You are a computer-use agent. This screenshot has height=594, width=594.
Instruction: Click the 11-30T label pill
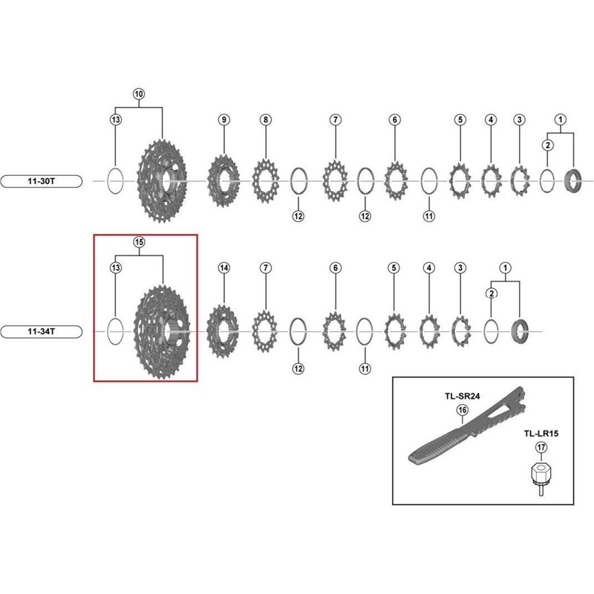(x=42, y=181)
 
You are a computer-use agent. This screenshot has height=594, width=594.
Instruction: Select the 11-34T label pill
(x=42, y=331)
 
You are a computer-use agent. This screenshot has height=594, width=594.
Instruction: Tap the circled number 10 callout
(x=139, y=94)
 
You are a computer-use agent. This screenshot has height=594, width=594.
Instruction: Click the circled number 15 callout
(x=139, y=242)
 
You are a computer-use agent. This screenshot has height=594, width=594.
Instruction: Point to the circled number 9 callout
(x=224, y=120)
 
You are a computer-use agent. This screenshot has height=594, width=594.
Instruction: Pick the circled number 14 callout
(x=224, y=268)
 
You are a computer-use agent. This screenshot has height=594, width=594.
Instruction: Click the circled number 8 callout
(x=266, y=120)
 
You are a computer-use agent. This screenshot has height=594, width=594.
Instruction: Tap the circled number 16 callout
(x=462, y=410)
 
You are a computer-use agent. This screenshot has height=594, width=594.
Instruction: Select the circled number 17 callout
(x=541, y=448)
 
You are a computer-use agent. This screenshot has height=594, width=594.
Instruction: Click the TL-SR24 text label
(x=462, y=396)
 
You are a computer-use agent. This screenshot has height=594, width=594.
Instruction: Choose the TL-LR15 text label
(x=541, y=434)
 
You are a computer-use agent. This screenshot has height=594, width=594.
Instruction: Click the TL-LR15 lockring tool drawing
(x=541, y=479)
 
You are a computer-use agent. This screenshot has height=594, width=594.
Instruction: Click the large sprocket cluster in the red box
(x=162, y=332)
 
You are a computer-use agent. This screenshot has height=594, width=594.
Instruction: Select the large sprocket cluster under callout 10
(x=162, y=181)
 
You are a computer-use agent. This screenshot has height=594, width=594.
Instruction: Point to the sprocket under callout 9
(x=223, y=180)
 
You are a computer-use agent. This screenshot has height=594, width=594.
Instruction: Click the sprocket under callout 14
(x=223, y=331)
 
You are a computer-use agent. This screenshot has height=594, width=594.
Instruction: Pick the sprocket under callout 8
(x=266, y=181)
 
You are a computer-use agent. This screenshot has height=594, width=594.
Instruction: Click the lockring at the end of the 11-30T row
(x=572, y=181)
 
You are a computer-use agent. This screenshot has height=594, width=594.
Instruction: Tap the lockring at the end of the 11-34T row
(x=520, y=331)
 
